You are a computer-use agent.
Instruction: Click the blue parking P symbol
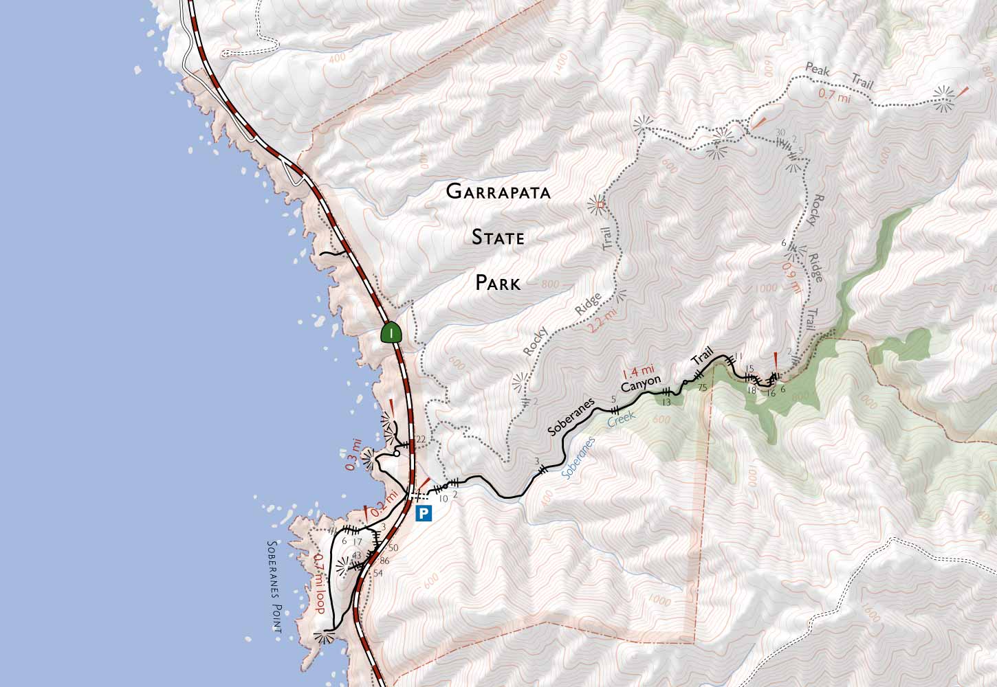(424, 512)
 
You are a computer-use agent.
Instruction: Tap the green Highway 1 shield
(391, 333)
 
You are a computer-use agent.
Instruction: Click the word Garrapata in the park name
(498, 192)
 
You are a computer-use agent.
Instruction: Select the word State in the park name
(498, 238)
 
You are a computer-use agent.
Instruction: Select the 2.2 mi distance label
(603, 321)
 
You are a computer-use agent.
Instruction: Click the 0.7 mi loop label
(318, 584)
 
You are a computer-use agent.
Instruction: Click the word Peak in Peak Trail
(819, 69)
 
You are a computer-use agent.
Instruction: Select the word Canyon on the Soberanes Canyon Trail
(640, 385)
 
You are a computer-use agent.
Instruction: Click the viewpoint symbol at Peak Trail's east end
(943, 99)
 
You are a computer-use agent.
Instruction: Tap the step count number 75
(702, 387)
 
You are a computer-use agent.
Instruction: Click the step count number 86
(384, 561)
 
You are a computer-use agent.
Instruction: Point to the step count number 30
(780, 133)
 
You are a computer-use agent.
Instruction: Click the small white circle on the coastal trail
(397, 453)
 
